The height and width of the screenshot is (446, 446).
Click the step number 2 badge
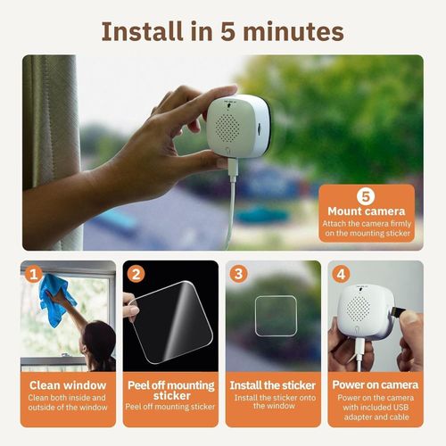click(x=136, y=274)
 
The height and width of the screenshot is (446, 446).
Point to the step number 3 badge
click(x=238, y=274)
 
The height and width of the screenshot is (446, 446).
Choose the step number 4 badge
click(x=342, y=274)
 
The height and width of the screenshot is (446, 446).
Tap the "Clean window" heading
click(x=69, y=384)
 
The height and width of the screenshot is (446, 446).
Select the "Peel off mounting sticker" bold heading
click(x=170, y=391)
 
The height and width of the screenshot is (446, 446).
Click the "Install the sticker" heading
click(x=272, y=384)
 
